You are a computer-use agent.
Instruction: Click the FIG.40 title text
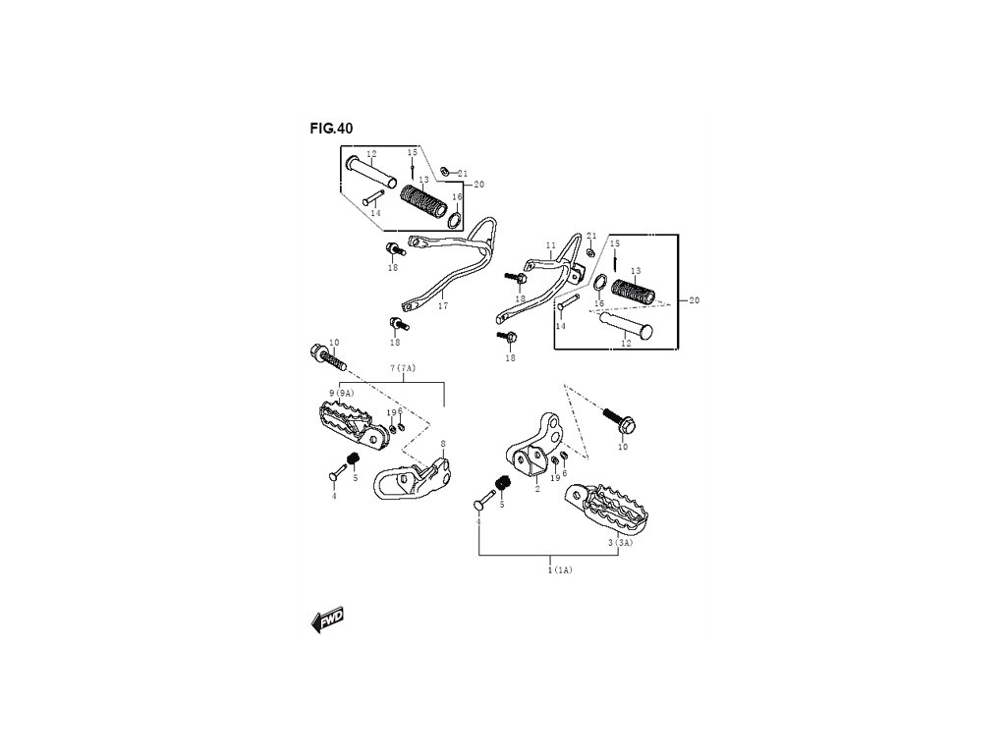click(x=331, y=128)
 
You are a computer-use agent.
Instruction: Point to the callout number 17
click(x=443, y=306)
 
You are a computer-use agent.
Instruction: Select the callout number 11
click(x=550, y=245)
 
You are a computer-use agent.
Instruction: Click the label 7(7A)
click(x=403, y=368)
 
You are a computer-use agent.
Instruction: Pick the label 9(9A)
click(x=341, y=393)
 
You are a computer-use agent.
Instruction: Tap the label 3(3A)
click(x=620, y=543)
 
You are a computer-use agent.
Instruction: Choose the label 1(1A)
click(x=560, y=569)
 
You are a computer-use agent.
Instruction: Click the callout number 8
click(x=443, y=445)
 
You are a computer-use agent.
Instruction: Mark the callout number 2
click(x=537, y=488)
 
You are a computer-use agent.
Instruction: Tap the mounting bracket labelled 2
click(x=534, y=447)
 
